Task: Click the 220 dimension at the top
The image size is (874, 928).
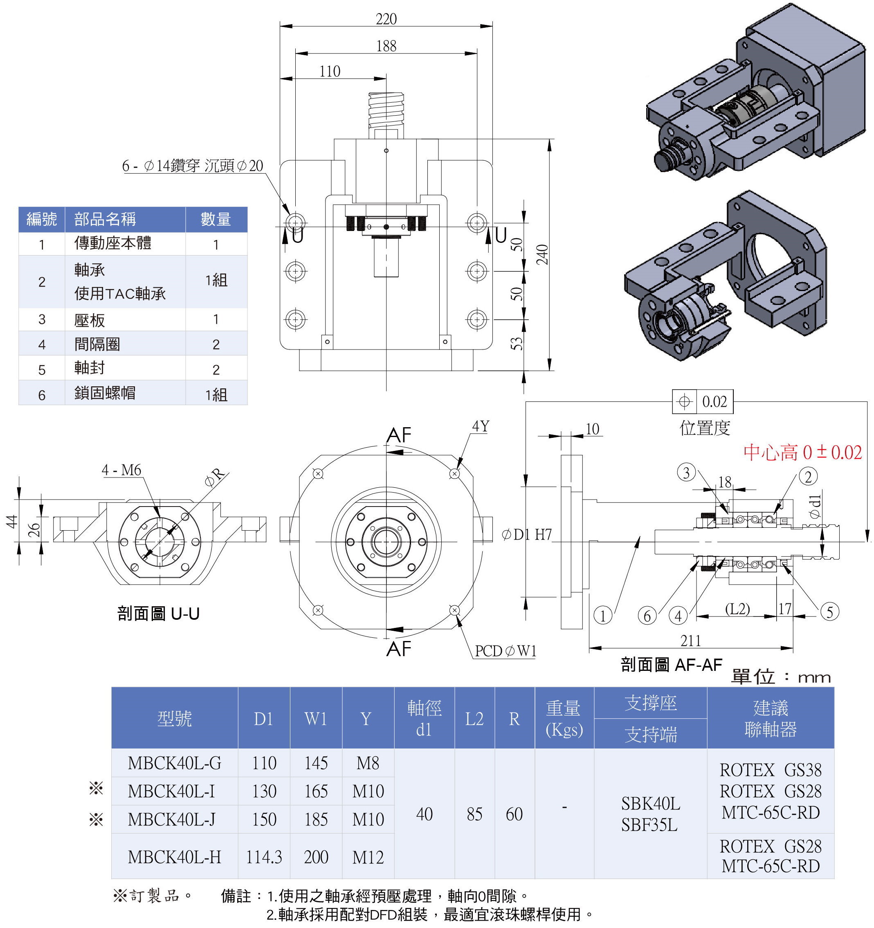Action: tap(386, 19)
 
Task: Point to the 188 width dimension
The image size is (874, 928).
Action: tap(386, 46)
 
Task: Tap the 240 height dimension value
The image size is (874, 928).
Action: tap(542, 254)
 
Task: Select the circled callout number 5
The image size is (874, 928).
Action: tap(830, 612)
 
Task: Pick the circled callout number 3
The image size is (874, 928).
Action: tap(686, 473)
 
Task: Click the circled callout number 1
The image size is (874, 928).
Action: tap(603, 615)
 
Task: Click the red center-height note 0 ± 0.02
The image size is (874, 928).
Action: tap(802, 452)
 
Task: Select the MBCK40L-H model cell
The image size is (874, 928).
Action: tap(174, 857)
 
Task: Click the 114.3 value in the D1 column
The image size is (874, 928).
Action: tap(264, 857)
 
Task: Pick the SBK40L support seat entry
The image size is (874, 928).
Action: tap(650, 803)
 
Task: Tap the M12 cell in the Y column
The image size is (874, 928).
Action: tap(368, 857)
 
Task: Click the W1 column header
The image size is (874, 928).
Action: tap(316, 719)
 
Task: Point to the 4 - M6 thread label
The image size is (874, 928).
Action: tap(121, 470)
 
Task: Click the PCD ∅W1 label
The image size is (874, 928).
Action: tap(506, 651)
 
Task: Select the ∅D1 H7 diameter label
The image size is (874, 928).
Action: tap(527, 534)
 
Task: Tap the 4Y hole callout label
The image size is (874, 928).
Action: tap(481, 426)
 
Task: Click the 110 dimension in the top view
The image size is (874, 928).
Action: tap(330, 72)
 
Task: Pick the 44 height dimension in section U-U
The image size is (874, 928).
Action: tap(12, 521)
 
